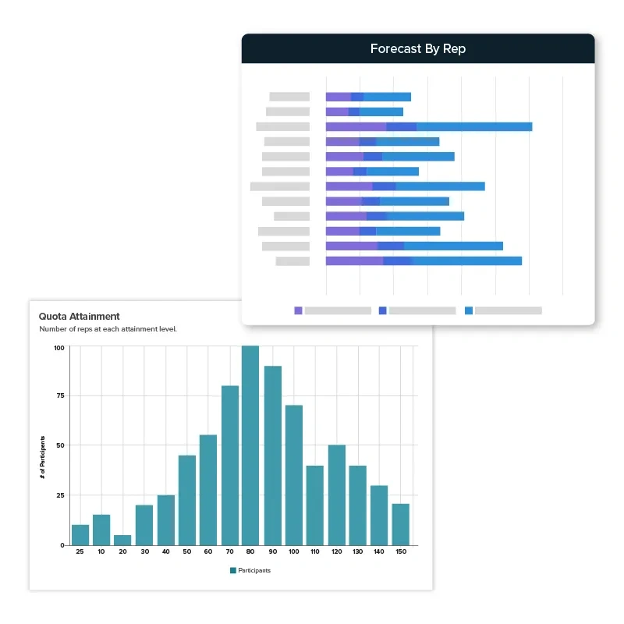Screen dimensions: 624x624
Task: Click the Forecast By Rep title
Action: coord(418,49)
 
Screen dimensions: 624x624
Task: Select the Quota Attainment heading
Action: coord(80,317)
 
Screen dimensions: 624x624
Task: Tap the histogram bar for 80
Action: coord(250,445)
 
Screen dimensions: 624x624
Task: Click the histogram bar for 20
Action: coord(123,540)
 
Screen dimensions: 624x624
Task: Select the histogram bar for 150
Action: coord(400,524)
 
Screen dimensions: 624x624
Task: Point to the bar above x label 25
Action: coord(80,534)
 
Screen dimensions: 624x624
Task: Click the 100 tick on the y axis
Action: coord(59,347)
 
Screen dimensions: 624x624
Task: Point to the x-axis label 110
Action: coord(314,552)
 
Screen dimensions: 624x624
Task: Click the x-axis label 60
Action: coord(208,552)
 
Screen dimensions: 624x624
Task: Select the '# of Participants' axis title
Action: coord(43,457)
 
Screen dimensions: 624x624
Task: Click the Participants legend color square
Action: coord(232,570)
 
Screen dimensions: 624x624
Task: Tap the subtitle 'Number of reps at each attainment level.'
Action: coord(108,329)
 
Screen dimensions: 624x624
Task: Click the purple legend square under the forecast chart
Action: coord(298,310)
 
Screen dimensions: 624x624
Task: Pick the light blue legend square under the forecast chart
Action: coord(469,310)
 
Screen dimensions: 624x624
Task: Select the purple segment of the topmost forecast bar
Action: coord(338,97)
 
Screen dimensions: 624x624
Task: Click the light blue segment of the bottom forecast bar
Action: coord(466,261)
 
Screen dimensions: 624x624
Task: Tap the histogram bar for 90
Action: coord(272,456)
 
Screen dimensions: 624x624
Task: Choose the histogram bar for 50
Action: coord(187,500)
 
